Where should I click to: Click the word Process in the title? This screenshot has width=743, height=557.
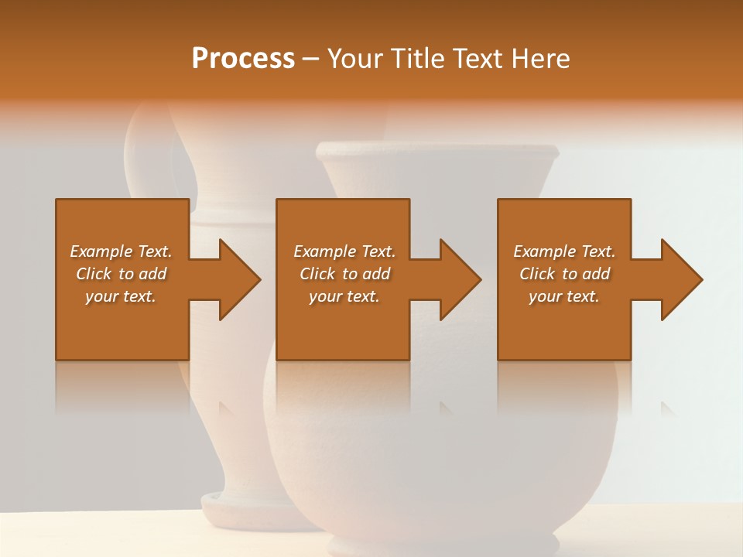[x=243, y=59]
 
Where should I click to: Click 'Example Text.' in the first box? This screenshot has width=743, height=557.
[x=121, y=251]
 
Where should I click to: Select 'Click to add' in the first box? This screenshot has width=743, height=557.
[x=121, y=274]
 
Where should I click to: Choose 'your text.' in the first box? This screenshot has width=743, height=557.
[x=121, y=296]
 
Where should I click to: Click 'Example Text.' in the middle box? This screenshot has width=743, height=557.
[x=344, y=251]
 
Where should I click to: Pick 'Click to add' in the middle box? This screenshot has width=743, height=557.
[x=344, y=274]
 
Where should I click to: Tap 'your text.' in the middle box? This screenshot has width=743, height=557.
[x=344, y=296]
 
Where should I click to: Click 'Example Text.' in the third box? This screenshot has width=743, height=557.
[x=564, y=251]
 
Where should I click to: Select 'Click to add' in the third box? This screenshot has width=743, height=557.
[x=564, y=274]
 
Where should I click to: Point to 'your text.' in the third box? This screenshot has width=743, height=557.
[x=564, y=296]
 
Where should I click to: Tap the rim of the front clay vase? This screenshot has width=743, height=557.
[x=437, y=152]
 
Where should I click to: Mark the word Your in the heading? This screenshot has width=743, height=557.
[x=352, y=59]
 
